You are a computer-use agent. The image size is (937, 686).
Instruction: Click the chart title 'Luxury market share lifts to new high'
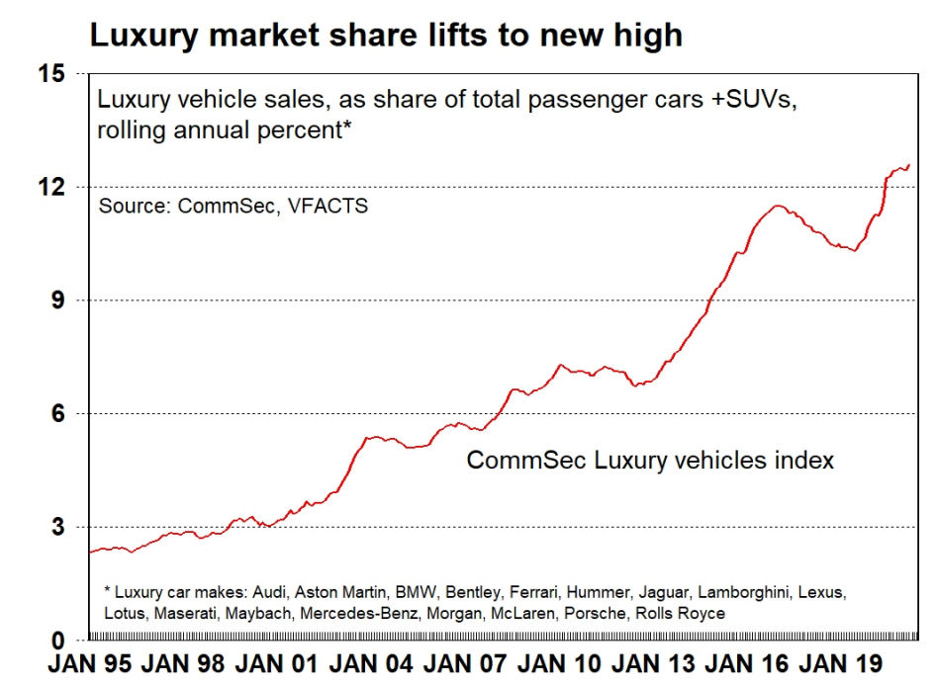click(x=386, y=36)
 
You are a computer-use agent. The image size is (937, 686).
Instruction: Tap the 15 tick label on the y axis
click(x=51, y=74)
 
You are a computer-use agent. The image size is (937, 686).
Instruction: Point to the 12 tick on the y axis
click(x=51, y=187)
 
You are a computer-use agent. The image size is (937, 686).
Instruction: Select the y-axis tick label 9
click(x=58, y=300)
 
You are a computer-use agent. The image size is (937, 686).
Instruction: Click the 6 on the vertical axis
click(x=58, y=414)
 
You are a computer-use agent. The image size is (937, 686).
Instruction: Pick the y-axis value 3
click(x=58, y=527)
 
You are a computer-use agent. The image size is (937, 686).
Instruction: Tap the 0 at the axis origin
click(x=58, y=640)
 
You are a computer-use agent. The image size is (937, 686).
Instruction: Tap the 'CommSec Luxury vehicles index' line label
click(x=650, y=461)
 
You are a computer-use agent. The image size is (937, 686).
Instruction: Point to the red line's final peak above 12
click(x=907, y=165)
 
